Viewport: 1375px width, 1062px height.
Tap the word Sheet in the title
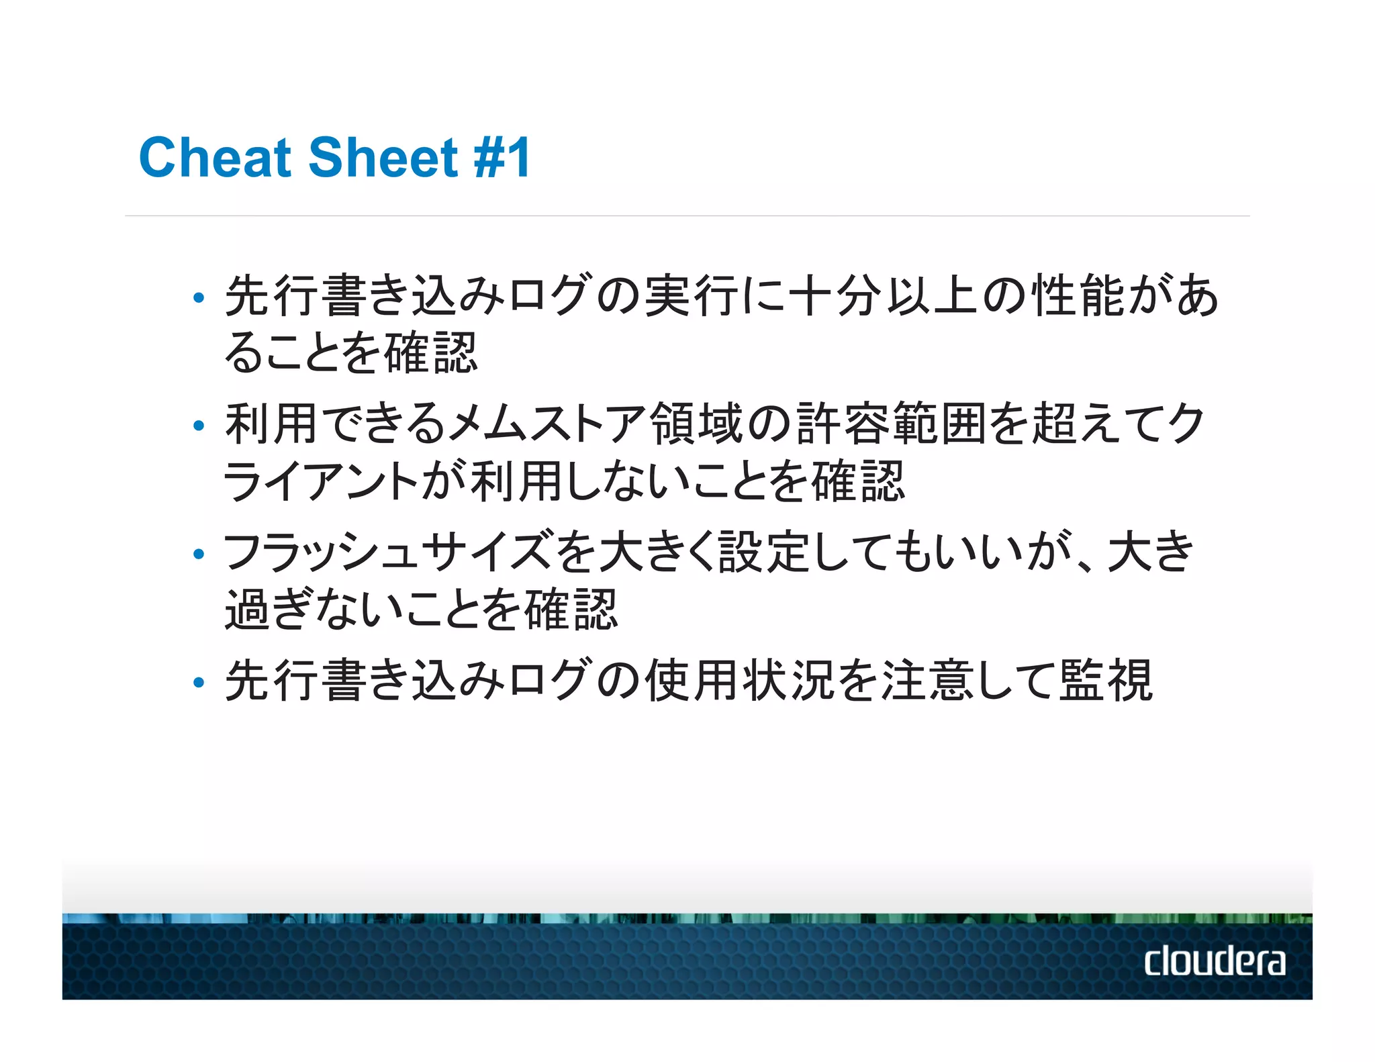(x=383, y=158)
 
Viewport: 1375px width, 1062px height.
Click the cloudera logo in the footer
(x=1215, y=961)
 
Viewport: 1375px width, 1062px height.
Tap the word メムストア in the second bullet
(x=547, y=424)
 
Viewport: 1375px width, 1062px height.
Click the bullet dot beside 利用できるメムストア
(x=198, y=426)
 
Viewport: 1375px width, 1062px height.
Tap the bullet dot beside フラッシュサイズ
(x=198, y=554)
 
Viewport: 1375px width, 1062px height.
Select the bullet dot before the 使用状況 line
(x=198, y=683)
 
